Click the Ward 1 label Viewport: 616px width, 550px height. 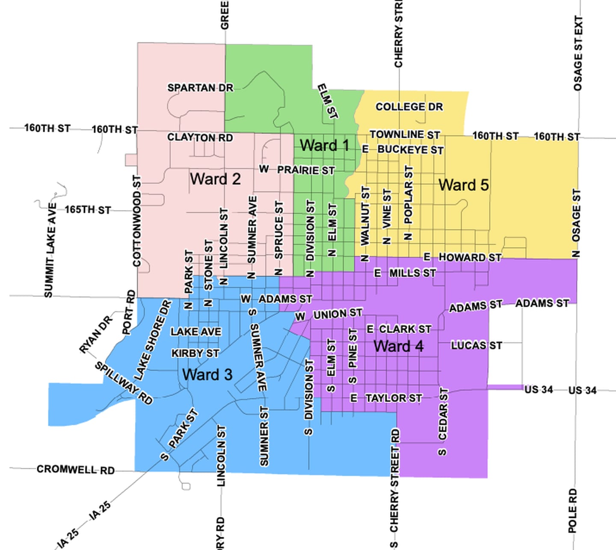324,146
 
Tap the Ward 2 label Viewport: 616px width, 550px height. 215,179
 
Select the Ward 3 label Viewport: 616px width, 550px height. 207,375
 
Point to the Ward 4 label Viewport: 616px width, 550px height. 398,346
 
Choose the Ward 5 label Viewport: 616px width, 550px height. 463,185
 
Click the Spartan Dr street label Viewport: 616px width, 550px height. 200,88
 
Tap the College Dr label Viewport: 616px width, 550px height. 409,107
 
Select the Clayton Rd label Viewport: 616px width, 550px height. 200,137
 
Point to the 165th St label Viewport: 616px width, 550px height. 88,210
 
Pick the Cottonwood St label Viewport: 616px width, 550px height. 137,221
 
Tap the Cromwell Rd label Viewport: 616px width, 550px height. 75,470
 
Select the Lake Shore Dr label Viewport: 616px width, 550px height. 152,340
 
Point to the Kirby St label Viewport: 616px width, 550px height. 195,353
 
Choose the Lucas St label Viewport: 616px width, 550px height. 476,345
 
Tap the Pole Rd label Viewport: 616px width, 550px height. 572,511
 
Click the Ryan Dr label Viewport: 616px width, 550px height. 97,334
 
